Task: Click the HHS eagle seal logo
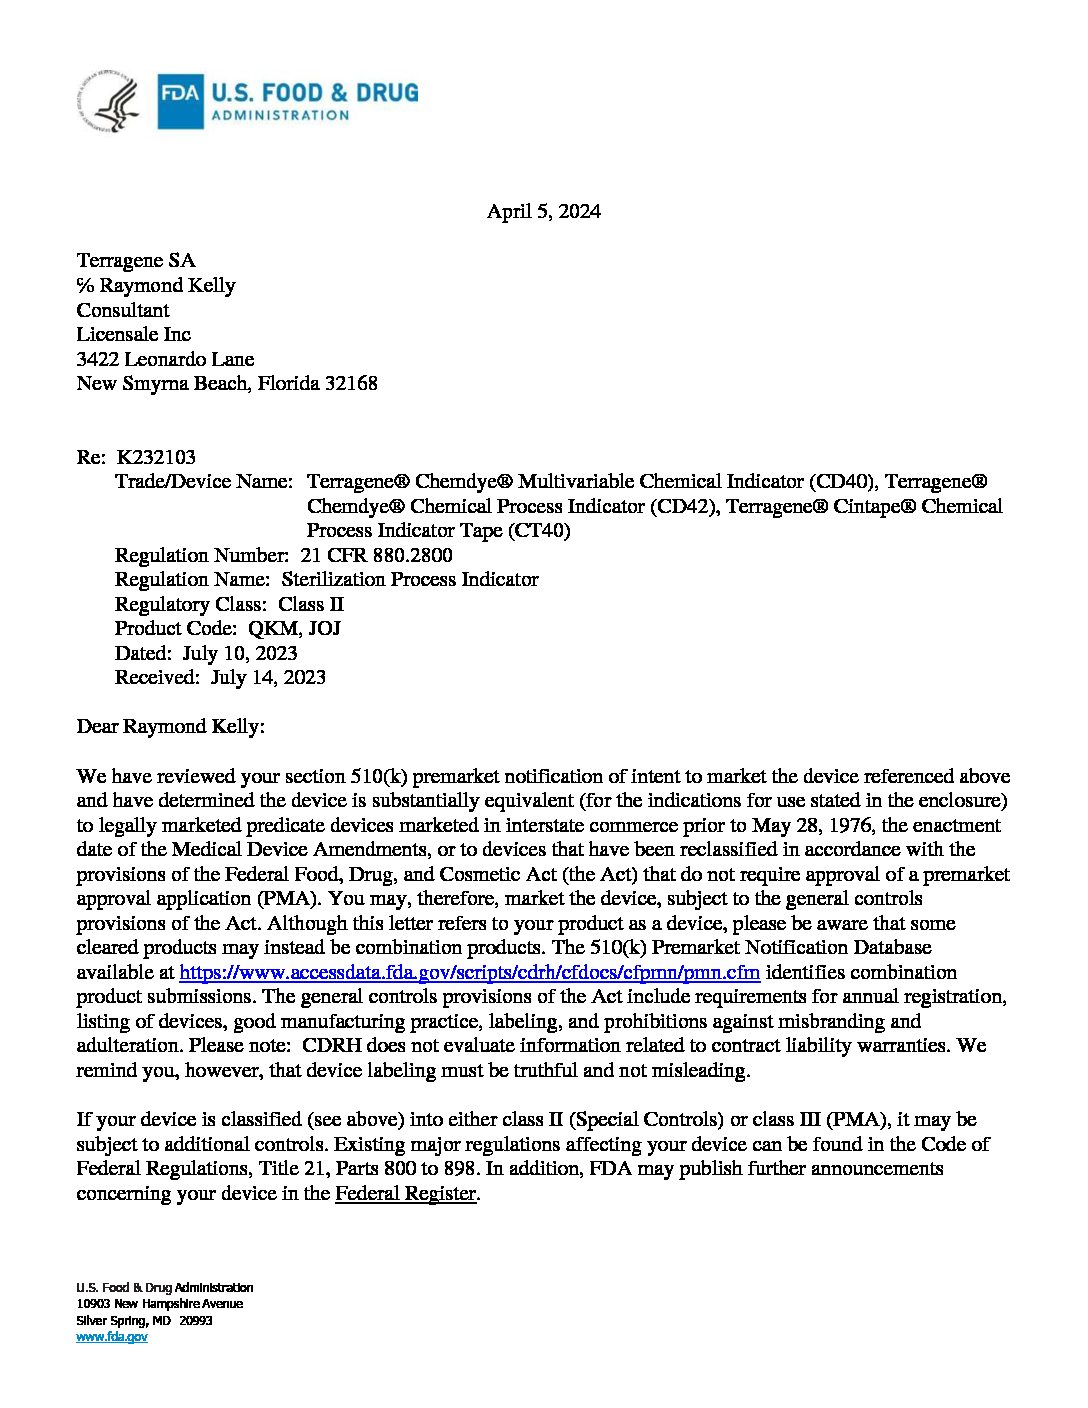109,101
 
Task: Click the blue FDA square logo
180,101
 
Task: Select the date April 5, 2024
543,212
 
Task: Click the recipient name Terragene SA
136,261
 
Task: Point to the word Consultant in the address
123,310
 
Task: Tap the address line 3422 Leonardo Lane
165,359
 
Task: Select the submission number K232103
156,457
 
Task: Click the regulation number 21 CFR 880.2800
376,555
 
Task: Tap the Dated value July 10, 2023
240,653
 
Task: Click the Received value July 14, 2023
268,678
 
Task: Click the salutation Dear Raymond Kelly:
171,727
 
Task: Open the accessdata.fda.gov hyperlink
469,973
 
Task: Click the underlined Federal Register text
405,1193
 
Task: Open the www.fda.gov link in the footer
112,1337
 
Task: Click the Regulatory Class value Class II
311,604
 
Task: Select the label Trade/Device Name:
204,482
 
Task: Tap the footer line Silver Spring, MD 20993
145,1320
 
